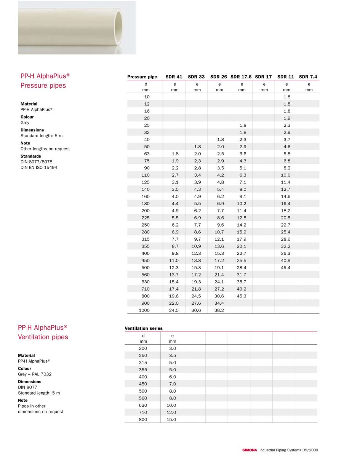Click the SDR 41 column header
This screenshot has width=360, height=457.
(x=174, y=77)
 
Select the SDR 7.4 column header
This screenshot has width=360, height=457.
(x=308, y=77)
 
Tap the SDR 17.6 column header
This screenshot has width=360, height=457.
(x=241, y=77)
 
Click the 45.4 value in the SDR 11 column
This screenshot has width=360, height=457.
(x=286, y=268)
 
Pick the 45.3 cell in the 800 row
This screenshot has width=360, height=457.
(x=242, y=296)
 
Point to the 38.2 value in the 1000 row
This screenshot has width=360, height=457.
(x=219, y=310)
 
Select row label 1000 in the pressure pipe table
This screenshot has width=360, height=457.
(x=144, y=310)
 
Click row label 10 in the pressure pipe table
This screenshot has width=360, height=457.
(x=147, y=97)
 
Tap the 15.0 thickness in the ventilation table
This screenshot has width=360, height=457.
(x=171, y=420)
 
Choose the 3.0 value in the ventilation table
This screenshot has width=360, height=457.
(x=172, y=348)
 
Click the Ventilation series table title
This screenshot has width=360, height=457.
(x=144, y=328)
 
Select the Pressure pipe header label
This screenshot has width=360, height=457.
(x=142, y=77)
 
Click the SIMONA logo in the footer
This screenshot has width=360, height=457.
(x=250, y=450)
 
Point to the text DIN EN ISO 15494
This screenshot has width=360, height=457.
(x=38, y=168)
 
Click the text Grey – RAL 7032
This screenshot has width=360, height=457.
(x=35, y=374)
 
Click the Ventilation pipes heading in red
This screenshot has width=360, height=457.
(x=43, y=337)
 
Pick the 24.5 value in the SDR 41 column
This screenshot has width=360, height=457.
(x=173, y=310)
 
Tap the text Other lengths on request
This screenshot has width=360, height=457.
(x=45, y=149)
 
